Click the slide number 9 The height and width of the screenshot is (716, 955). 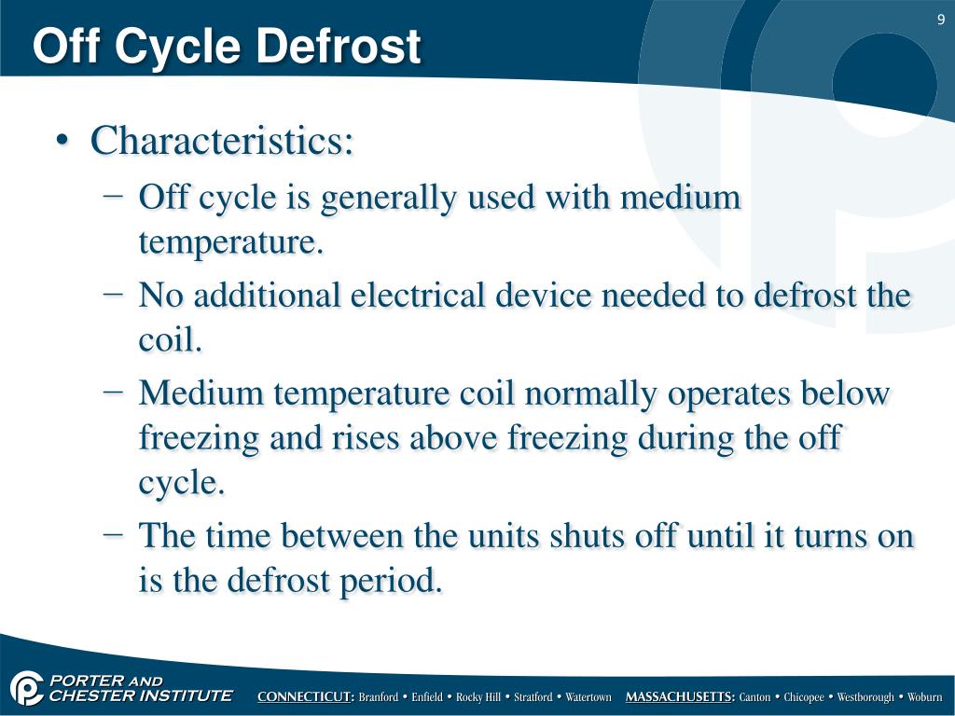[941, 21]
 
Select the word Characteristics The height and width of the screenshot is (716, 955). [222, 142]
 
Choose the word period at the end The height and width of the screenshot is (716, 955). [392, 582]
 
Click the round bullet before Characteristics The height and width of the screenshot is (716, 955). [62, 143]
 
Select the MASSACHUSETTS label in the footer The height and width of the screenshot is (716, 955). [680, 697]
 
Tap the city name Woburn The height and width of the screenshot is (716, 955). [924, 697]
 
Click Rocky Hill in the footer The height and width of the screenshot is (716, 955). [478, 697]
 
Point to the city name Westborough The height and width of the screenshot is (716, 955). [865, 697]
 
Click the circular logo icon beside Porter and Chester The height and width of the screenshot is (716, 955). [26, 689]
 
